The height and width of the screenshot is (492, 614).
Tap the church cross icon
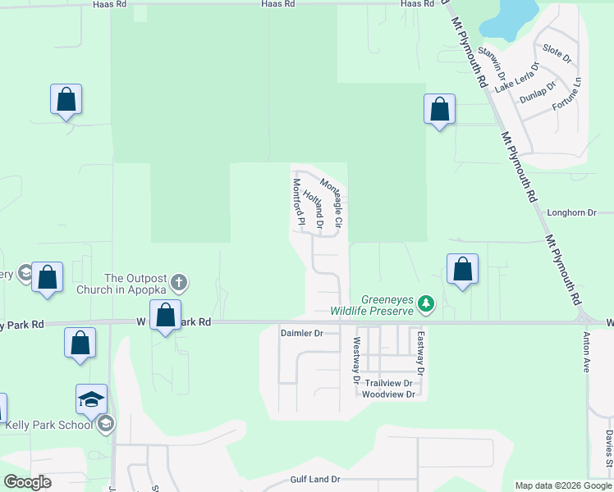[x=180, y=284]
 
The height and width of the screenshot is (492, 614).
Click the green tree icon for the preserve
[x=425, y=305]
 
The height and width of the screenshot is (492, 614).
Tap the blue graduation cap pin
[x=91, y=399]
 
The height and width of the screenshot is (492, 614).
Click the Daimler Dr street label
[x=303, y=334]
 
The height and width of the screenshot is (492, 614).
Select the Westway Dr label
[x=357, y=361]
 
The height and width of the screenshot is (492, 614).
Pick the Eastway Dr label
[x=419, y=353]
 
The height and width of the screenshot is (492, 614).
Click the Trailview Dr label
[x=392, y=383]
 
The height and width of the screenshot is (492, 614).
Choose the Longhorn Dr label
[x=572, y=213]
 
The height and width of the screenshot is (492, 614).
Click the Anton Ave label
[x=587, y=353]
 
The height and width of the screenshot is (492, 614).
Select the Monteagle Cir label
[x=332, y=203]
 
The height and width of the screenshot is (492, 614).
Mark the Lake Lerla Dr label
[x=517, y=76]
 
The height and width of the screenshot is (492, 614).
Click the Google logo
[x=28, y=482]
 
